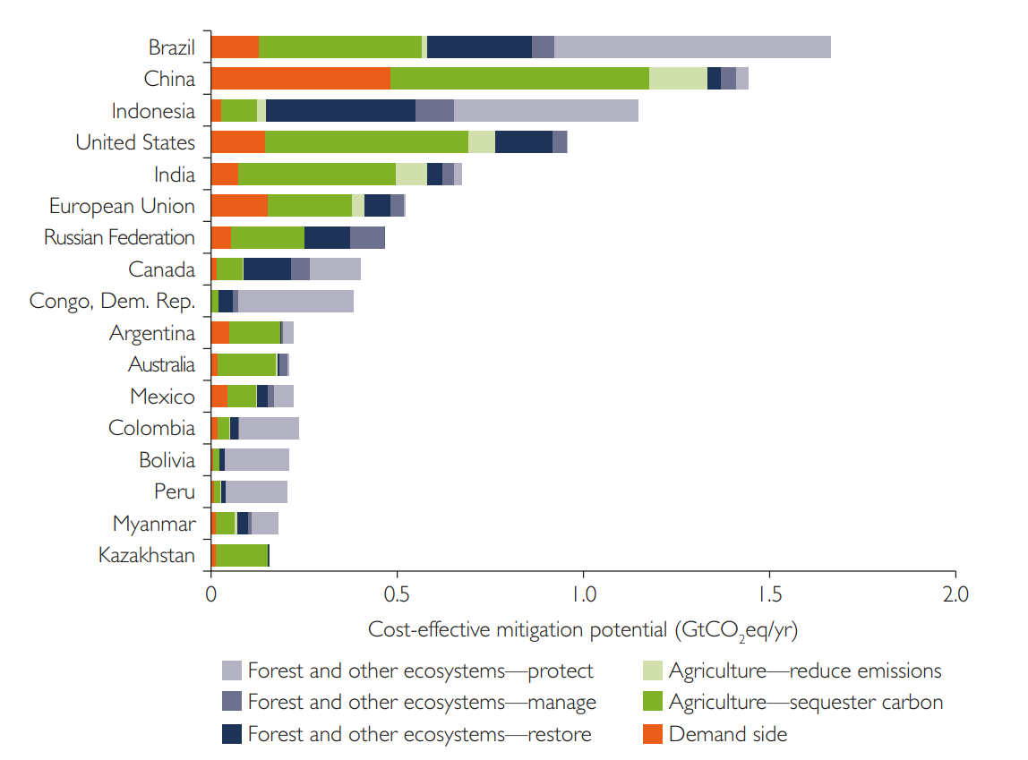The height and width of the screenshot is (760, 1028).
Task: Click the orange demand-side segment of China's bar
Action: (300, 79)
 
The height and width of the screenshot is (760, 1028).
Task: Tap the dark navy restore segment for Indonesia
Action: (340, 111)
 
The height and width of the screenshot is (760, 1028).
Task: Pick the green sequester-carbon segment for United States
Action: (366, 142)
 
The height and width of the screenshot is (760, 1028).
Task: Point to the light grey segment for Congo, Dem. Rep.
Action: (296, 301)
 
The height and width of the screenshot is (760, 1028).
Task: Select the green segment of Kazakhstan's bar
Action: (241, 555)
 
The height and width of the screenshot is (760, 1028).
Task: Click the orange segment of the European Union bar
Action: (239, 206)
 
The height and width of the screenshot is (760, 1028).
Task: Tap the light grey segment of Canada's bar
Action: (335, 269)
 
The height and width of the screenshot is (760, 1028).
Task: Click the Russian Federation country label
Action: (119, 238)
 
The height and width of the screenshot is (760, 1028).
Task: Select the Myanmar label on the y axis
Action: (153, 524)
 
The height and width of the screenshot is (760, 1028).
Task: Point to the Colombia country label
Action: (151, 428)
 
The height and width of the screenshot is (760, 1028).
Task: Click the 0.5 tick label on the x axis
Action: (397, 594)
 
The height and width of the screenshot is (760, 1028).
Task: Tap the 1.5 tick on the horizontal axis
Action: (769, 594)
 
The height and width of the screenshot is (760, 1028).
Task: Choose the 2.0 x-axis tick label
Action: (955, 594)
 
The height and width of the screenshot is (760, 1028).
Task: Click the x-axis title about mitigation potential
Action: (583, 629)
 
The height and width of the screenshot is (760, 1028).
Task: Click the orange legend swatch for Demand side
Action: (653, 735)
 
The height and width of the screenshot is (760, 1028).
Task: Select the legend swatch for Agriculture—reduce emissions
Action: (653, 670)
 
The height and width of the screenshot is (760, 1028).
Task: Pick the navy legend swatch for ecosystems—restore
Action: (232, 735)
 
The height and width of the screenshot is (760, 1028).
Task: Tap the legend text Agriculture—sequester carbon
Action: (806, 703)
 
